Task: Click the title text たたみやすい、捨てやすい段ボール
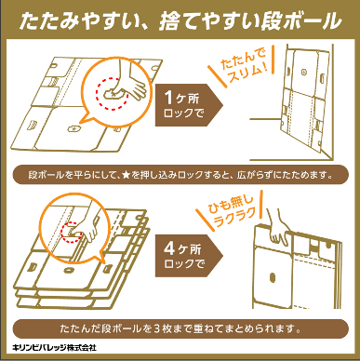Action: pyautogui.click(x=180, y=21)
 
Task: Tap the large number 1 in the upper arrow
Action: pyautogui.click(x=168, y=98)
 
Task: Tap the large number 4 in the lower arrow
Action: pyautogui.click(x=169, y=248)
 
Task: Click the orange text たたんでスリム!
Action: pyautogui.click(x=244, y=66)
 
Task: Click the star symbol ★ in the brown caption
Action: pyautogui.click(x=126, y=176)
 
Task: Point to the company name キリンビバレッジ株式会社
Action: pyautogui.click(x=54, y=348)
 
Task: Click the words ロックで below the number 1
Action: pyautogui.click(x=183, y=114)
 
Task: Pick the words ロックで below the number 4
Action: pyautogui.click(x=184, y=264)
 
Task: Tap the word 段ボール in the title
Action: pyautogui.click(x=300, y=21)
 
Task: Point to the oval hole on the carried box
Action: pyautogui.click(x=273, y=277)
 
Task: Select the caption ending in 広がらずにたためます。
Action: pyautogui.click(x=180, y=176)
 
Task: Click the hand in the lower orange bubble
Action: pyautogui.click(x=87, y=227)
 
